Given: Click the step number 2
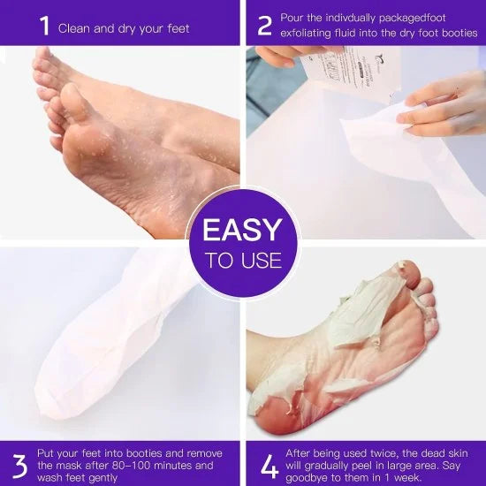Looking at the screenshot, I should pos(263,25).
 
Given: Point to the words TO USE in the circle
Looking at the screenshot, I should pos(243,261).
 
